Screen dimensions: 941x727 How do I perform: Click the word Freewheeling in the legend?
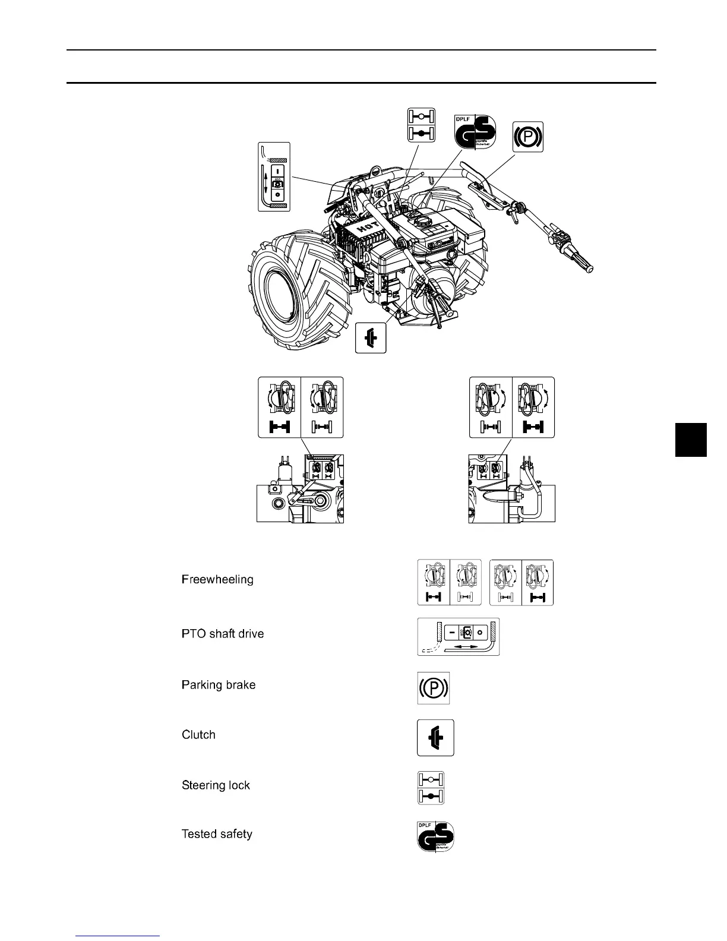tap(217, 579)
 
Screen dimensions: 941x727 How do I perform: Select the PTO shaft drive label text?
tap(223, 634)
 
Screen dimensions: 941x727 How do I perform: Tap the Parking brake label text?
tap(219, 685)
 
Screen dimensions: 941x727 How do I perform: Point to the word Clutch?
tap(198, 735)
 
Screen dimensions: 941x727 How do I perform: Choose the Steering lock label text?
tap(216, 785)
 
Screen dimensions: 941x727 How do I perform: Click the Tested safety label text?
tap(217, 834)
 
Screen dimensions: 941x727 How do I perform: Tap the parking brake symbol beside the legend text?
tap(434, 688)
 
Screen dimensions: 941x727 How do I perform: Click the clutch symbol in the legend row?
tap(435, 737)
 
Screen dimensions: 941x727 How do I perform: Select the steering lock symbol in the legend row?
tap(431, 788)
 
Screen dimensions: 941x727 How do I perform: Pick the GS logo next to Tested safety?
tap(436, 836)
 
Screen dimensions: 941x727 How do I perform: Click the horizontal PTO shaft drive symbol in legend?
tap(458, 637)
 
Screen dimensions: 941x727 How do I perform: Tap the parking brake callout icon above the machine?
tap(528, 137)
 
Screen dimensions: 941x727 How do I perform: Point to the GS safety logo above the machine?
tap(475, 132)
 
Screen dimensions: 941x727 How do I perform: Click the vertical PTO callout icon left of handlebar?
tap(274, 176)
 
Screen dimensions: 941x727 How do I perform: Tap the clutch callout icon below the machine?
tap(371, 337)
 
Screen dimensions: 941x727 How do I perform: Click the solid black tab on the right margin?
tap(691, 439)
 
